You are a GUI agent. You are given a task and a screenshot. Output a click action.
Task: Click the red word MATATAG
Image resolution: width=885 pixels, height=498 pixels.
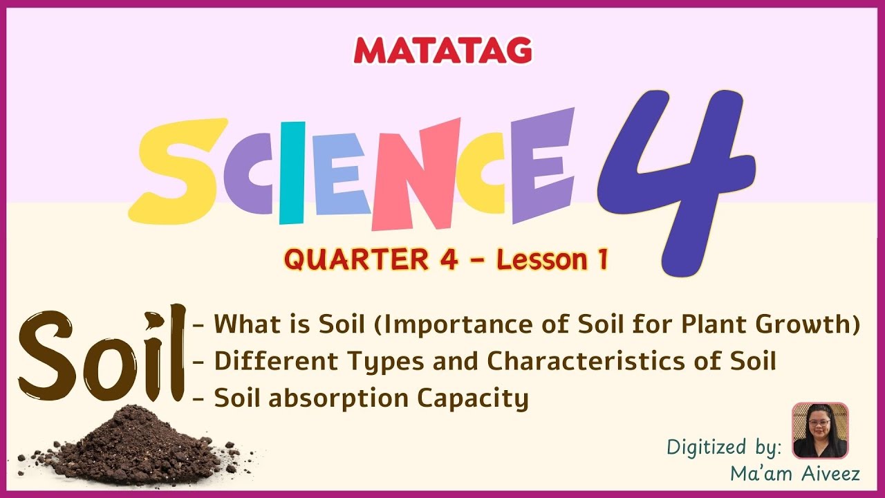pos(442,50)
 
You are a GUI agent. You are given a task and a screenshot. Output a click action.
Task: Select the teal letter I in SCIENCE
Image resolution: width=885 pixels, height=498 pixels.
pos(292,173)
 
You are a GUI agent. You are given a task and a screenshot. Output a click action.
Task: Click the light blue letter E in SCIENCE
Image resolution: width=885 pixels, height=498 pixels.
pos(342,173)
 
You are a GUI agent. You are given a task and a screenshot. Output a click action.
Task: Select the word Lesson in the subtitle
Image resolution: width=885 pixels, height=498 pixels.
pos(539,260)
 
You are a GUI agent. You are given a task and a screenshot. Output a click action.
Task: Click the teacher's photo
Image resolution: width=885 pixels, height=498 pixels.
pos(819,430)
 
